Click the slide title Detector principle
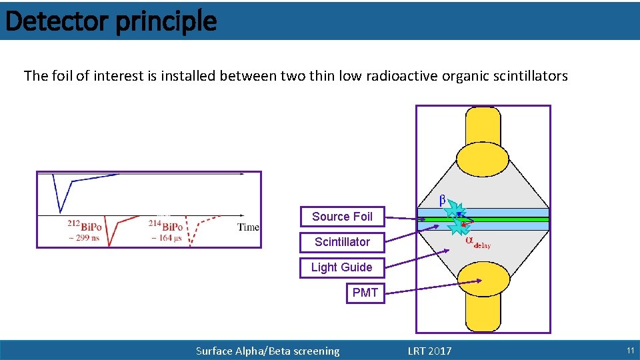111,21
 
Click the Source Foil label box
342,217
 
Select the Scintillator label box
342,242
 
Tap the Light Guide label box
341,267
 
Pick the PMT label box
365,293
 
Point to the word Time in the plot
248,227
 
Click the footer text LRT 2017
429,351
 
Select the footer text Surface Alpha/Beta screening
267,351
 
